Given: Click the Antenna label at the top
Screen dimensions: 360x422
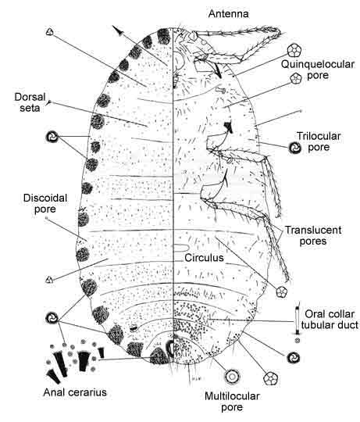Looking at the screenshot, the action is pos(228,14).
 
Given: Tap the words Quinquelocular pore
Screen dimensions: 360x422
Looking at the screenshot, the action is pos(318,70).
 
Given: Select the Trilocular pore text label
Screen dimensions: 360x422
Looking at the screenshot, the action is pos(319,141).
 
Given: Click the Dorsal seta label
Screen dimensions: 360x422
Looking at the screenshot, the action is pos(30,102).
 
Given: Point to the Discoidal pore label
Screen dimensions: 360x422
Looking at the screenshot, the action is pos(45,203).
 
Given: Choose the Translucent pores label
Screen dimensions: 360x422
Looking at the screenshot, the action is pos(313,235).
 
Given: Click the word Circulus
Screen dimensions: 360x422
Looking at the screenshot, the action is pos(204,258).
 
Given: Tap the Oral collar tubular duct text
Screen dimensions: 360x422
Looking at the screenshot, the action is pos(330,320).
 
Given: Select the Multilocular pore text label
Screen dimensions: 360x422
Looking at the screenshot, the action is pos(232,402).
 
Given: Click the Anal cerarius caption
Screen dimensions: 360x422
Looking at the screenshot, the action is pos(75,392).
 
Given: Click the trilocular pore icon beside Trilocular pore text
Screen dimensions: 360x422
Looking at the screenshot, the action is pos(294,148).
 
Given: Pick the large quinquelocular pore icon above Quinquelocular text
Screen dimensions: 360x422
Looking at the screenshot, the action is pos(294,50).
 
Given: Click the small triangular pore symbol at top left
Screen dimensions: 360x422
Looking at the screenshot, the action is pos(49,32).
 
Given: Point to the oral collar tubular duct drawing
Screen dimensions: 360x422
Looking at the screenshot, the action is pos(297,320).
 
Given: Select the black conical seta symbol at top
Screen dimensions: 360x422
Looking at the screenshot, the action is pos(117,30).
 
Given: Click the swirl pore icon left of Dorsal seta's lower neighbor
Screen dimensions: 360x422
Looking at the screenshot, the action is pos(52,137).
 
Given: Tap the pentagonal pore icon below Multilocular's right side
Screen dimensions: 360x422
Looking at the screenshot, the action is pos(270,378).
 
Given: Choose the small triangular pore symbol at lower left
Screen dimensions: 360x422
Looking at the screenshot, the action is pos(49,280).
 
